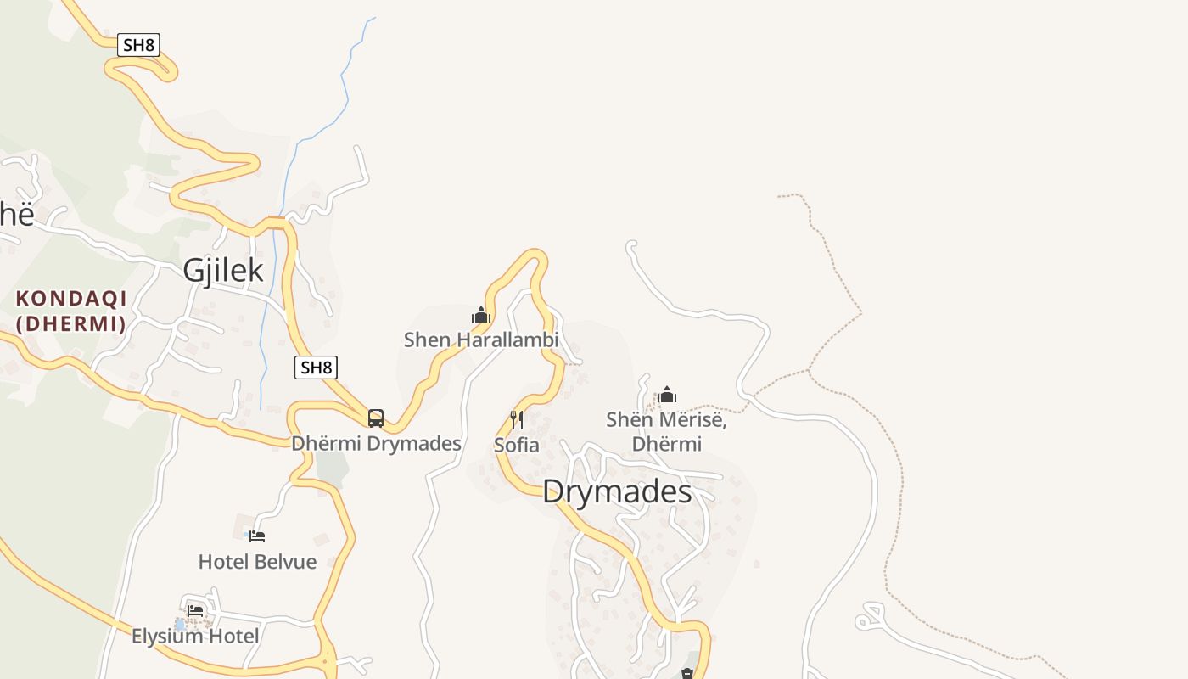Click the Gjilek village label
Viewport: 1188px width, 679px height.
click(223, 271)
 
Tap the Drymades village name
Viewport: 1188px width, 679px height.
click(617, 491)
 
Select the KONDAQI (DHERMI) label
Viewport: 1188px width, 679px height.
click(71, 311)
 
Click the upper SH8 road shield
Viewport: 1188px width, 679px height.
click(138, 45)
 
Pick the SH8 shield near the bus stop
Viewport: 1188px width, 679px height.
click(316, 368)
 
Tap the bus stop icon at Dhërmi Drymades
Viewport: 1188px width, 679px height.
click(376, 418)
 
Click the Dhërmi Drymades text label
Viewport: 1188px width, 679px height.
click(376, 443)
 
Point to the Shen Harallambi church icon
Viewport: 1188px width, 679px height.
click(481, 316)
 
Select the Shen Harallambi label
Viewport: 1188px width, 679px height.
click(481, 340)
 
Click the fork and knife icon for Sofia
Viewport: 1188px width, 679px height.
click(516, 420)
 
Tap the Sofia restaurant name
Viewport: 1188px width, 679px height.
click(516, 445)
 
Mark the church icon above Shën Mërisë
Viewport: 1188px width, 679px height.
click(667, 396)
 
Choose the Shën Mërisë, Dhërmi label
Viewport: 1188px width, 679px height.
click(667, 431)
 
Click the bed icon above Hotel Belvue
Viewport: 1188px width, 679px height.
click(257, 536)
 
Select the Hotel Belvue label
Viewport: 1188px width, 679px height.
click(257, 561)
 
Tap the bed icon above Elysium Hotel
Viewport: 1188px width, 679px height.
click(195, 610)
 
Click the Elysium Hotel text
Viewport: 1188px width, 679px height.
click(195, 636)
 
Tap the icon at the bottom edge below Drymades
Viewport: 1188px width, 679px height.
click(687, 673)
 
